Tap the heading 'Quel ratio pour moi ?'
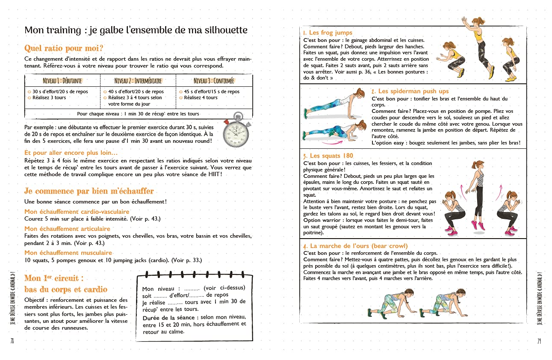click(x=64, y=48)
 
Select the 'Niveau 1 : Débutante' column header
click(x=62, y=81)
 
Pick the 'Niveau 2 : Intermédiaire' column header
click(x=138, y=81)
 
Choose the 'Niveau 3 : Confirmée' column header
click(x=213, y=81)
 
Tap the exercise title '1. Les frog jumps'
click(x=328, y=33)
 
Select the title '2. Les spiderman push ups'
click(x=410, y=91)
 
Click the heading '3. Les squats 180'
click(x=328, y=156)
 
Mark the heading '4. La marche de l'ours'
click(x=355, y=246)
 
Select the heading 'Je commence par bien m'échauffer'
click(x=89, y=191)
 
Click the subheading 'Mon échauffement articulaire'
click(x=67, y=229)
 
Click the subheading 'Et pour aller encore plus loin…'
click(x=71, y=153)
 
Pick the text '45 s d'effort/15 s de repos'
click(x=212, y=91)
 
